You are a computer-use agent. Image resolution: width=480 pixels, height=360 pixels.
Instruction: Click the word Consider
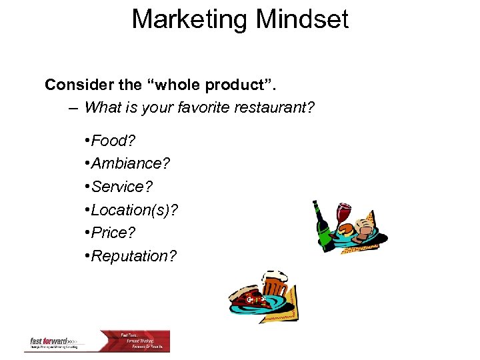(x=75, y=85)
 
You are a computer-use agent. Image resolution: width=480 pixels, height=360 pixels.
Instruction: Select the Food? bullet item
(x=111, y=141)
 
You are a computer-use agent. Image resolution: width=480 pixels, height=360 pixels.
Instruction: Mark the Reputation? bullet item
(x=134, y=257)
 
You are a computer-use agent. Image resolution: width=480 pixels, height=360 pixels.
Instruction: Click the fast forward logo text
(x=51, y=341)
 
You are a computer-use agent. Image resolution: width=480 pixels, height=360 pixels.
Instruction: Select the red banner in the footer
(x=144, y=341)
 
